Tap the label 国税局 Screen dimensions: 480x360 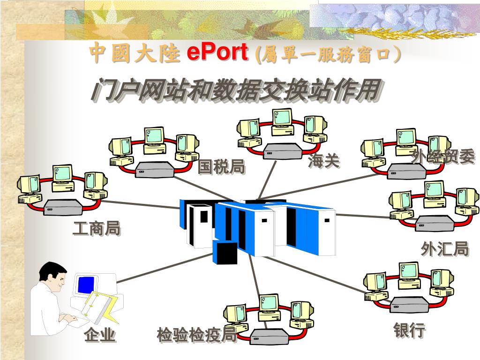[221, 166]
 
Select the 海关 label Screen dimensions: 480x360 [324, 162]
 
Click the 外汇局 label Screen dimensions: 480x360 [445, 249]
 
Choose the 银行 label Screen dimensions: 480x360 [410, 330]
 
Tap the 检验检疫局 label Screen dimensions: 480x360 [197, 336]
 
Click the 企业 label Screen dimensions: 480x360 [100, 336]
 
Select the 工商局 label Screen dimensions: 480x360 [97, 229]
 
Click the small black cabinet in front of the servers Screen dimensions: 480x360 [225, 253]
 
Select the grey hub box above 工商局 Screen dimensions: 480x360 [63, 206]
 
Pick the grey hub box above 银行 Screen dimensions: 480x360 [410, 305]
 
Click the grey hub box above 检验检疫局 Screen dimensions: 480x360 [269, 336]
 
